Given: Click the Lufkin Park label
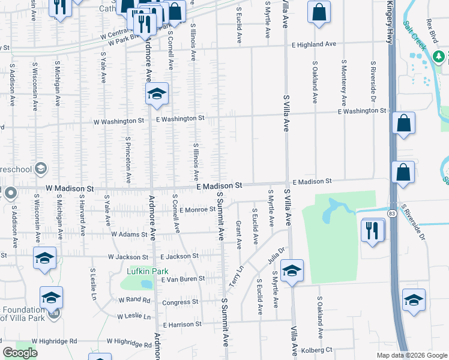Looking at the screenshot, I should click(148, 271).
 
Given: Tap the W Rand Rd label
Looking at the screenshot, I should click(133, 299).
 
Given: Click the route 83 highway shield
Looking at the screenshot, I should click(391, 214).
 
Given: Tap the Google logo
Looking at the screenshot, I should click(20, 353).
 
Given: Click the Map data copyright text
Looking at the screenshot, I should click(411, 355).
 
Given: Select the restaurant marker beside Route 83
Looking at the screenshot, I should click(373, 230).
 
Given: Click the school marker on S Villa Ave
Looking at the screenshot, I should click(292, 271).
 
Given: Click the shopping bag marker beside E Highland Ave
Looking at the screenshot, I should click(319, 12).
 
